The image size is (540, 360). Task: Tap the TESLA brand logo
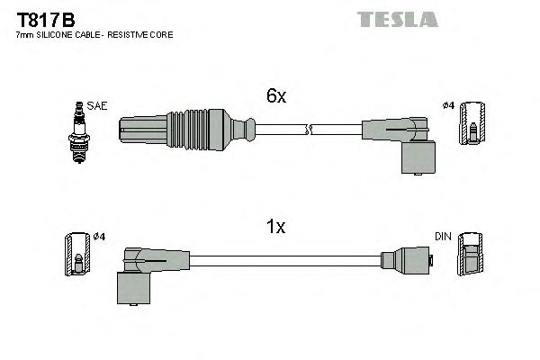[x=397, y=18]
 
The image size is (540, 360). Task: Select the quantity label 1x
[x=277, y=227]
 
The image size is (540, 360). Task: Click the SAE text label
[x=97, y=106]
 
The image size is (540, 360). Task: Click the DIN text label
[x=442, y=237]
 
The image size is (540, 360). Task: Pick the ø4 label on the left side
[x=99, y=237]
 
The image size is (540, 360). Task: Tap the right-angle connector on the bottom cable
[x=137, y=274]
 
